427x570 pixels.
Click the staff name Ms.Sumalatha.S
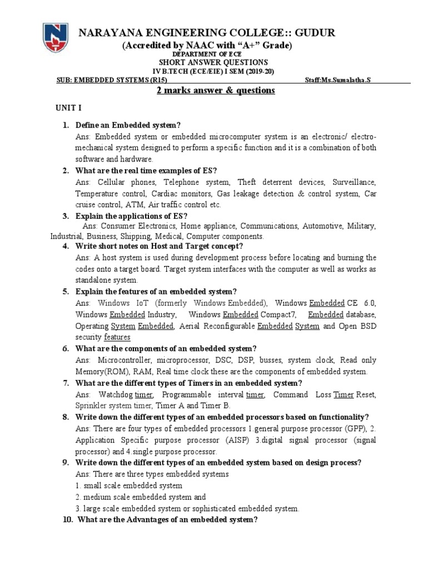339,80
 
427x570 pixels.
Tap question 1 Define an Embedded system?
128,124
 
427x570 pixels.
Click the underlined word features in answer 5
117,337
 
